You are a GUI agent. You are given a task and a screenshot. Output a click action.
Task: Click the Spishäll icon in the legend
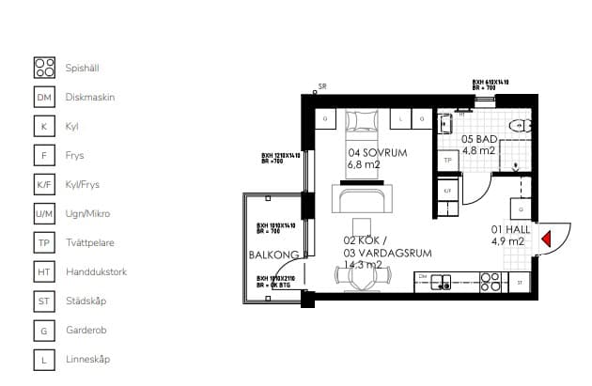tap(44, 68)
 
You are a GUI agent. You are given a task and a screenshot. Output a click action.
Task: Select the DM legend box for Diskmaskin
tap(44, 97)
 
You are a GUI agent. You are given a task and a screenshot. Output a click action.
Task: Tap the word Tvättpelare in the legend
tap(89, 243)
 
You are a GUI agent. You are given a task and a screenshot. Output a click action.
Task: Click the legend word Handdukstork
tap(96, 272)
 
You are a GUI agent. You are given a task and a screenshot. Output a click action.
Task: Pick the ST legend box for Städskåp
tap(44, 301)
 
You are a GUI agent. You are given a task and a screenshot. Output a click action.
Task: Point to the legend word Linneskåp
tap(89, 360)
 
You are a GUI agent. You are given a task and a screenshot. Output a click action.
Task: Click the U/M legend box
tap(44, 214)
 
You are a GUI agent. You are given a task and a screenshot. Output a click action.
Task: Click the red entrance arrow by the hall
tap(544, 240)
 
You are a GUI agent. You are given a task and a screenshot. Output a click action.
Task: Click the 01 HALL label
tap(508, 229)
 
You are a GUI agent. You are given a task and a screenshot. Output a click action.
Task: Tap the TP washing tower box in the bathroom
tap(448, 161)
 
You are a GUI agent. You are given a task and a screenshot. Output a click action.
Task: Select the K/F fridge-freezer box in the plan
tap(448, 190)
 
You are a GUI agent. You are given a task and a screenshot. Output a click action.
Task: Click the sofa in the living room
tap(363, 199)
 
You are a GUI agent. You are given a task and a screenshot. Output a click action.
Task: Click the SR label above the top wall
tap(322, 86)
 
